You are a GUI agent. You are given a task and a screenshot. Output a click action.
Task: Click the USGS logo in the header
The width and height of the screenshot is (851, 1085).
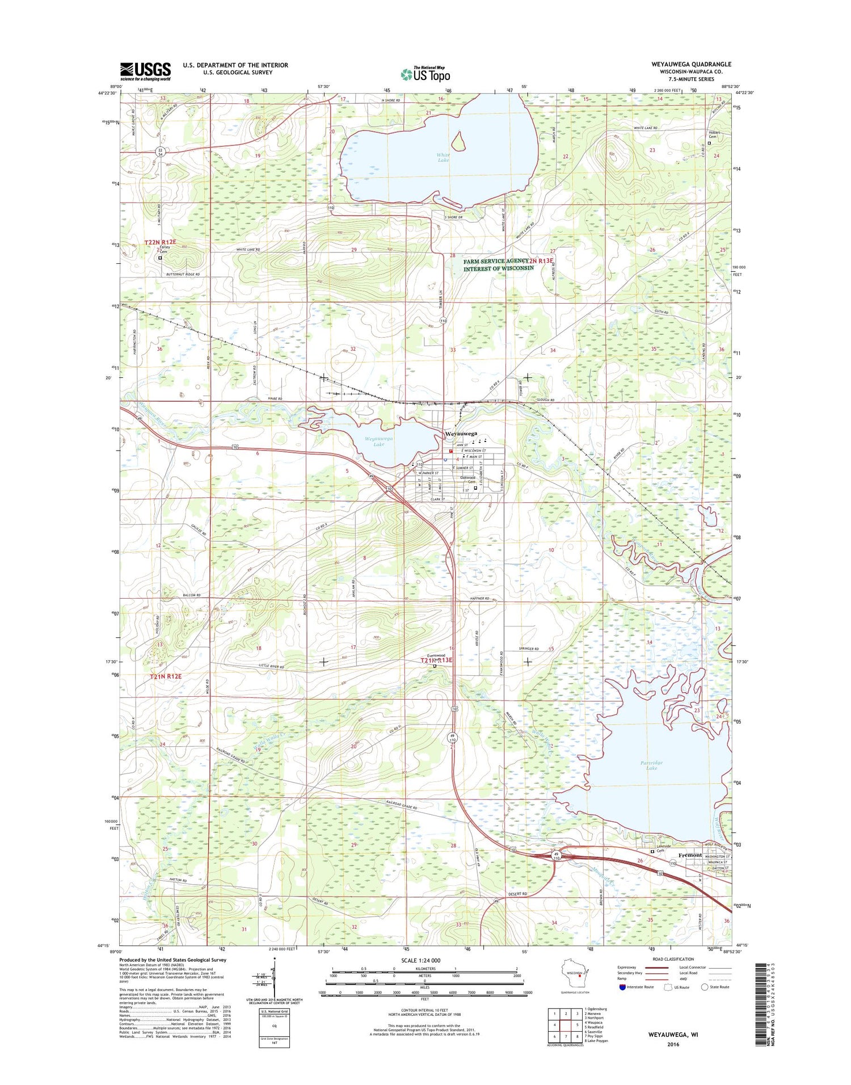pos(145,72)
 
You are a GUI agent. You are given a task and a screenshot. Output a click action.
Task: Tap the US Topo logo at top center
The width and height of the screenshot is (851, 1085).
pos(425,74)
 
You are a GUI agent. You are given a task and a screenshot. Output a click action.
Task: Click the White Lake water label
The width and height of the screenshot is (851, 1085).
pos(443,157)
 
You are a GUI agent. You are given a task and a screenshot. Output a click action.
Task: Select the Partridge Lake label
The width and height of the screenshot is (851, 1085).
pos(651,765)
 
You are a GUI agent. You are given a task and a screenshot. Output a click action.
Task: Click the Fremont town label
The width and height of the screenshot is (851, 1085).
pos(690,855)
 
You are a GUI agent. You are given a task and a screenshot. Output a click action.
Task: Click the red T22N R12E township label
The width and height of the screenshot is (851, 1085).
pos(160,242)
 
